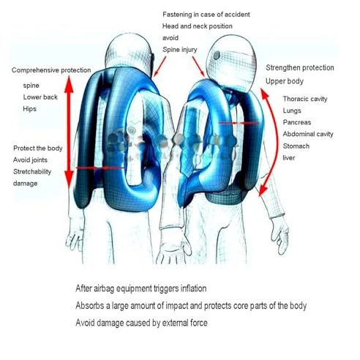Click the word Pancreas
coord(297,122)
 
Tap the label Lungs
coord(292,110)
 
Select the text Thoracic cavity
coord(305,99)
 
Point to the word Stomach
coord(296,146)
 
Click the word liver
coord(289,158)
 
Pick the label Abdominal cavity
coord(308,134)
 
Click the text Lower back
coord(40,97)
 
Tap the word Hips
coord(29,109)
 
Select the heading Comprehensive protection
coord(51,70)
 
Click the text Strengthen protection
coord(300,68)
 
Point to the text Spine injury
coord(180,50)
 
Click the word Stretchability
coord(32,172)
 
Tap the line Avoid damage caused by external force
coord(141,323)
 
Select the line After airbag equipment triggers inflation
coord(141,288)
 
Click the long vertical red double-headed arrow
coord(69,132)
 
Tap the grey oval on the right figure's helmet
coord(217,56)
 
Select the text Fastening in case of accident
coord(206,15)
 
